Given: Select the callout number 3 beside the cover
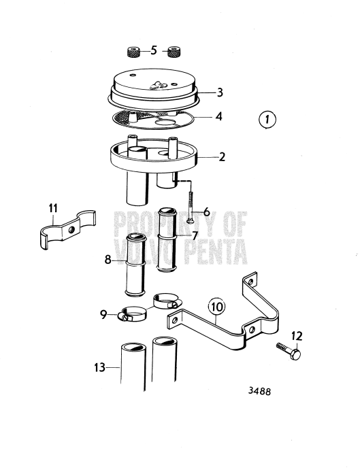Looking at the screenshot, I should [218, 91].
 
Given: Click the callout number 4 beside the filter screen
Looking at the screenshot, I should [218, 116].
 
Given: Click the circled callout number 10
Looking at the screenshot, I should [215, 307].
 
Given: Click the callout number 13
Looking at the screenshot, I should [99, 367].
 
